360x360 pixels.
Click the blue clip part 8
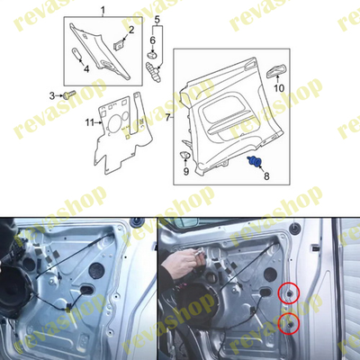pos(256,161)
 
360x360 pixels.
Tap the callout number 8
pos(265,178)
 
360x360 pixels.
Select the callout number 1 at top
pos(102,10)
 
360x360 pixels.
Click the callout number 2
pos(131,31)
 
